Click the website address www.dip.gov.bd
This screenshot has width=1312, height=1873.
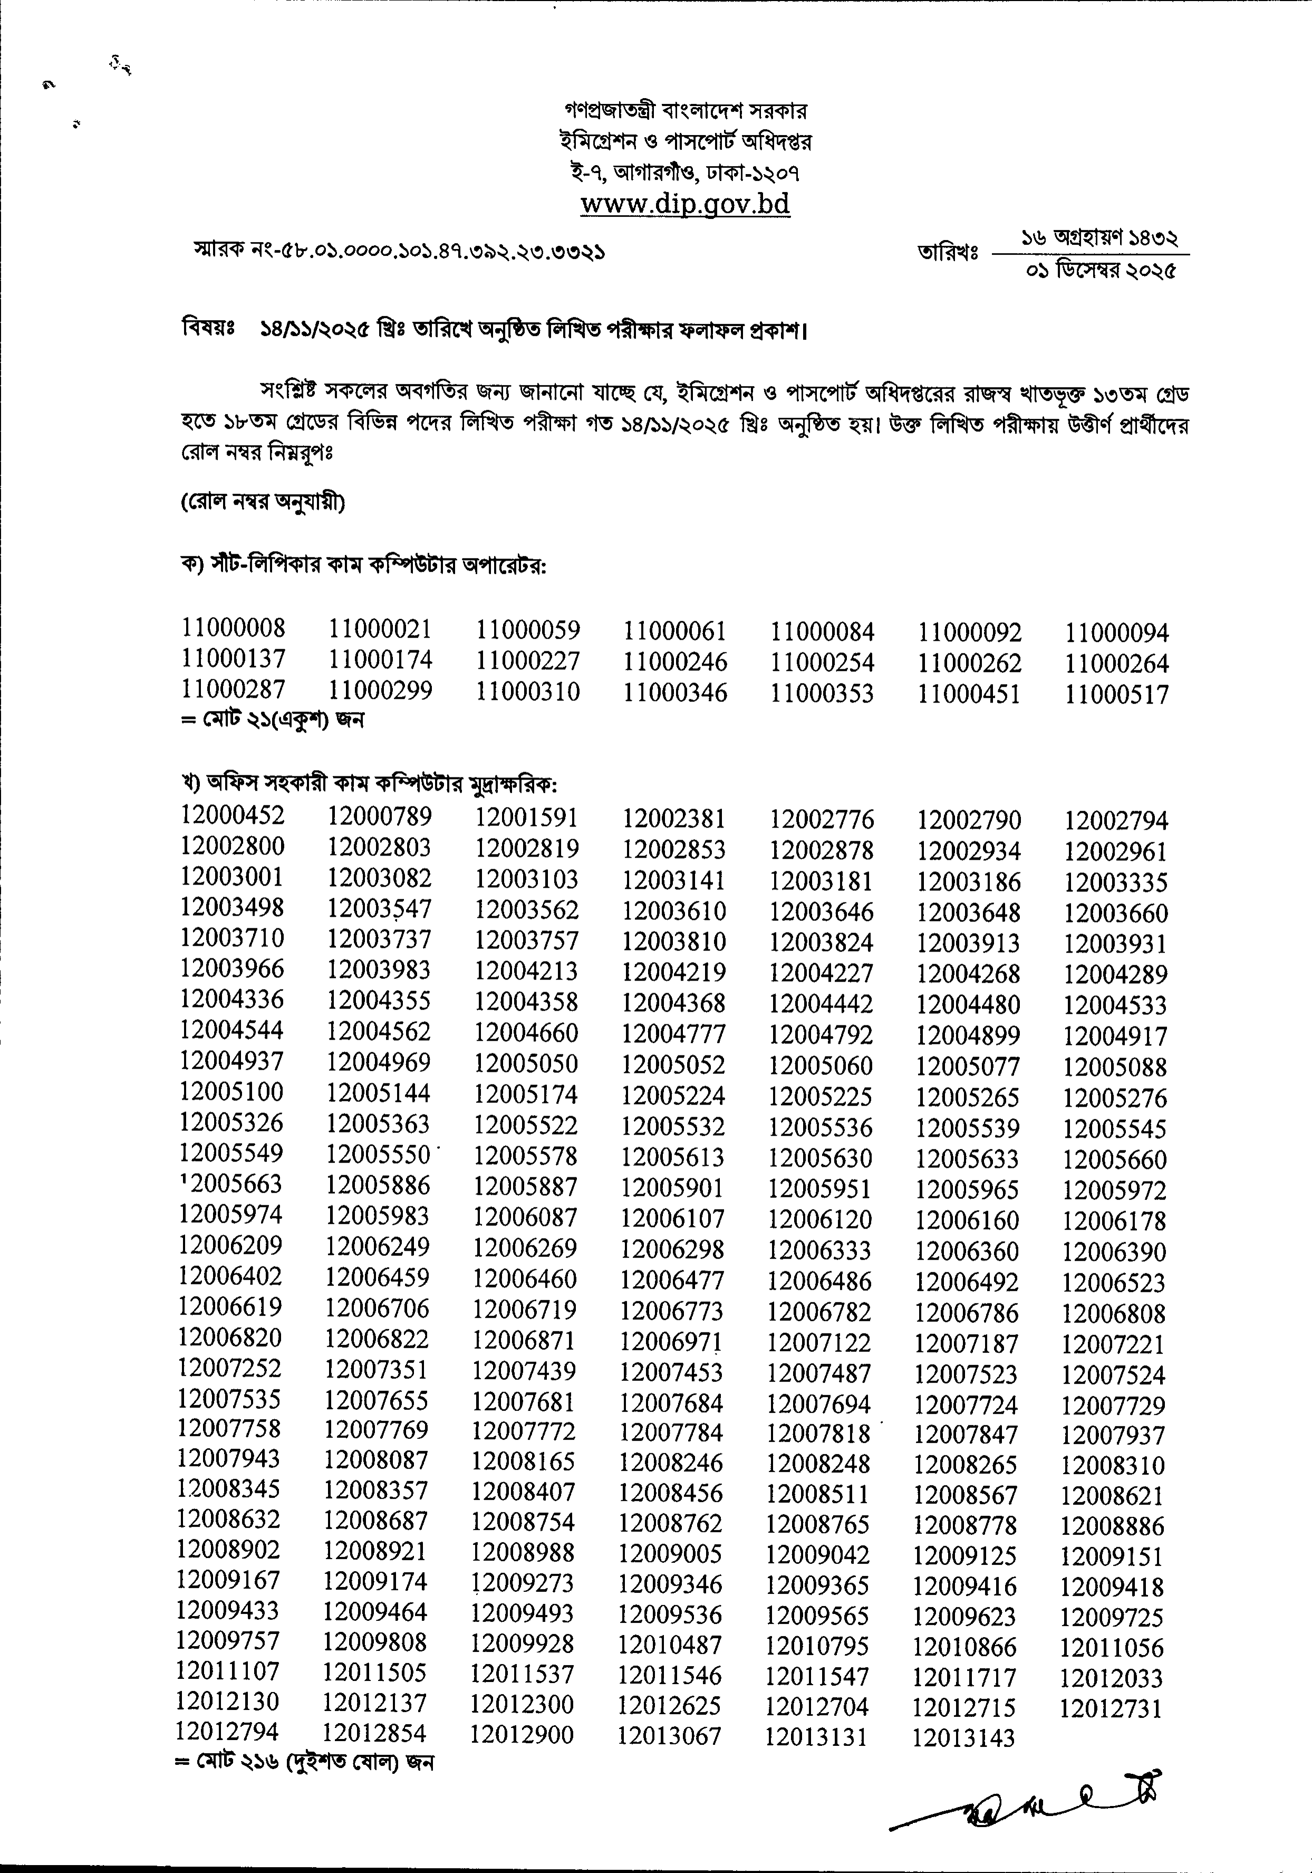tap(685, 204)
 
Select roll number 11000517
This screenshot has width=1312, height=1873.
tap(1116, 695)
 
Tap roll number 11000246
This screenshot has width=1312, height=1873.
tap(675, 661)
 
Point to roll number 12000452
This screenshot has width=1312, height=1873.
tap(233, 815)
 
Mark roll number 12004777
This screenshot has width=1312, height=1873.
tap(673, 1034)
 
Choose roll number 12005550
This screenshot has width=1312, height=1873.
tap(378, 1155)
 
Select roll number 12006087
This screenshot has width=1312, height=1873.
tap(525, 1218)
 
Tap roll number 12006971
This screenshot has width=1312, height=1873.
tap(671, 1342)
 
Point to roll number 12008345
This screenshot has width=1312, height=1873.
tap(229, 1489)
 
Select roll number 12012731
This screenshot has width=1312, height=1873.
tap(1111, 1708)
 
